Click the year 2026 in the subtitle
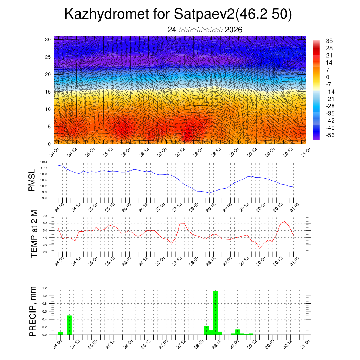[233, 30]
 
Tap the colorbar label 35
[329, 41]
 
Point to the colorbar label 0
[328, 77]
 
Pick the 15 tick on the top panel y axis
[48, 92]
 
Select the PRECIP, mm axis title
[33, 311]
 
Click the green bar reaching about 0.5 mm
[69, 325]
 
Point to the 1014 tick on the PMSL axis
[44, 162]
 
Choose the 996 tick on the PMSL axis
[44, 198]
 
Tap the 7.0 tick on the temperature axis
[45, 216]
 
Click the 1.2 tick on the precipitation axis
[45, 288]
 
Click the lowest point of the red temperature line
[260, 248]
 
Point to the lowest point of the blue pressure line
[210, 193]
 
